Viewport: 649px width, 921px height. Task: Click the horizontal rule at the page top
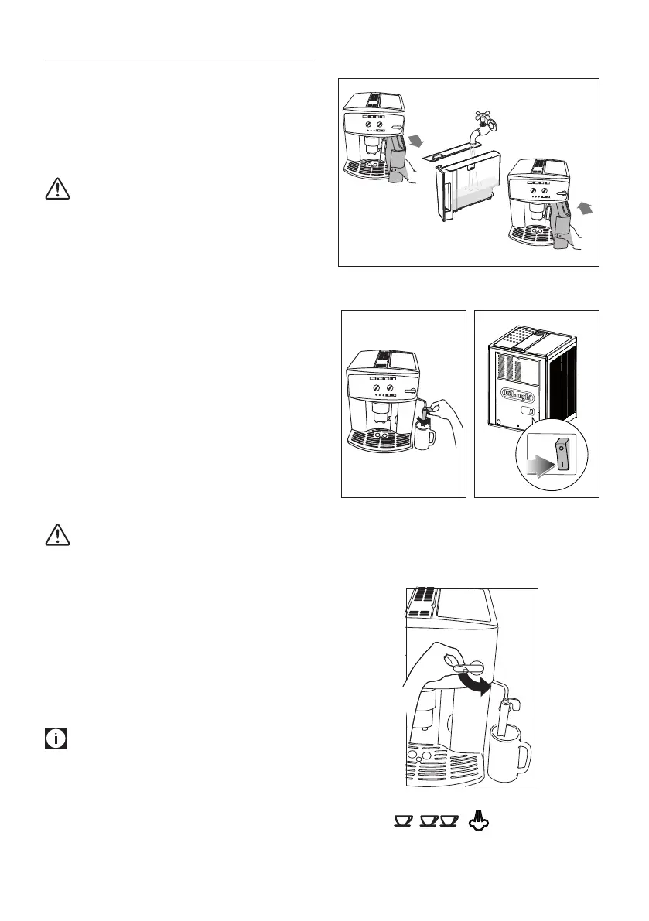tap(179, 59)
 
